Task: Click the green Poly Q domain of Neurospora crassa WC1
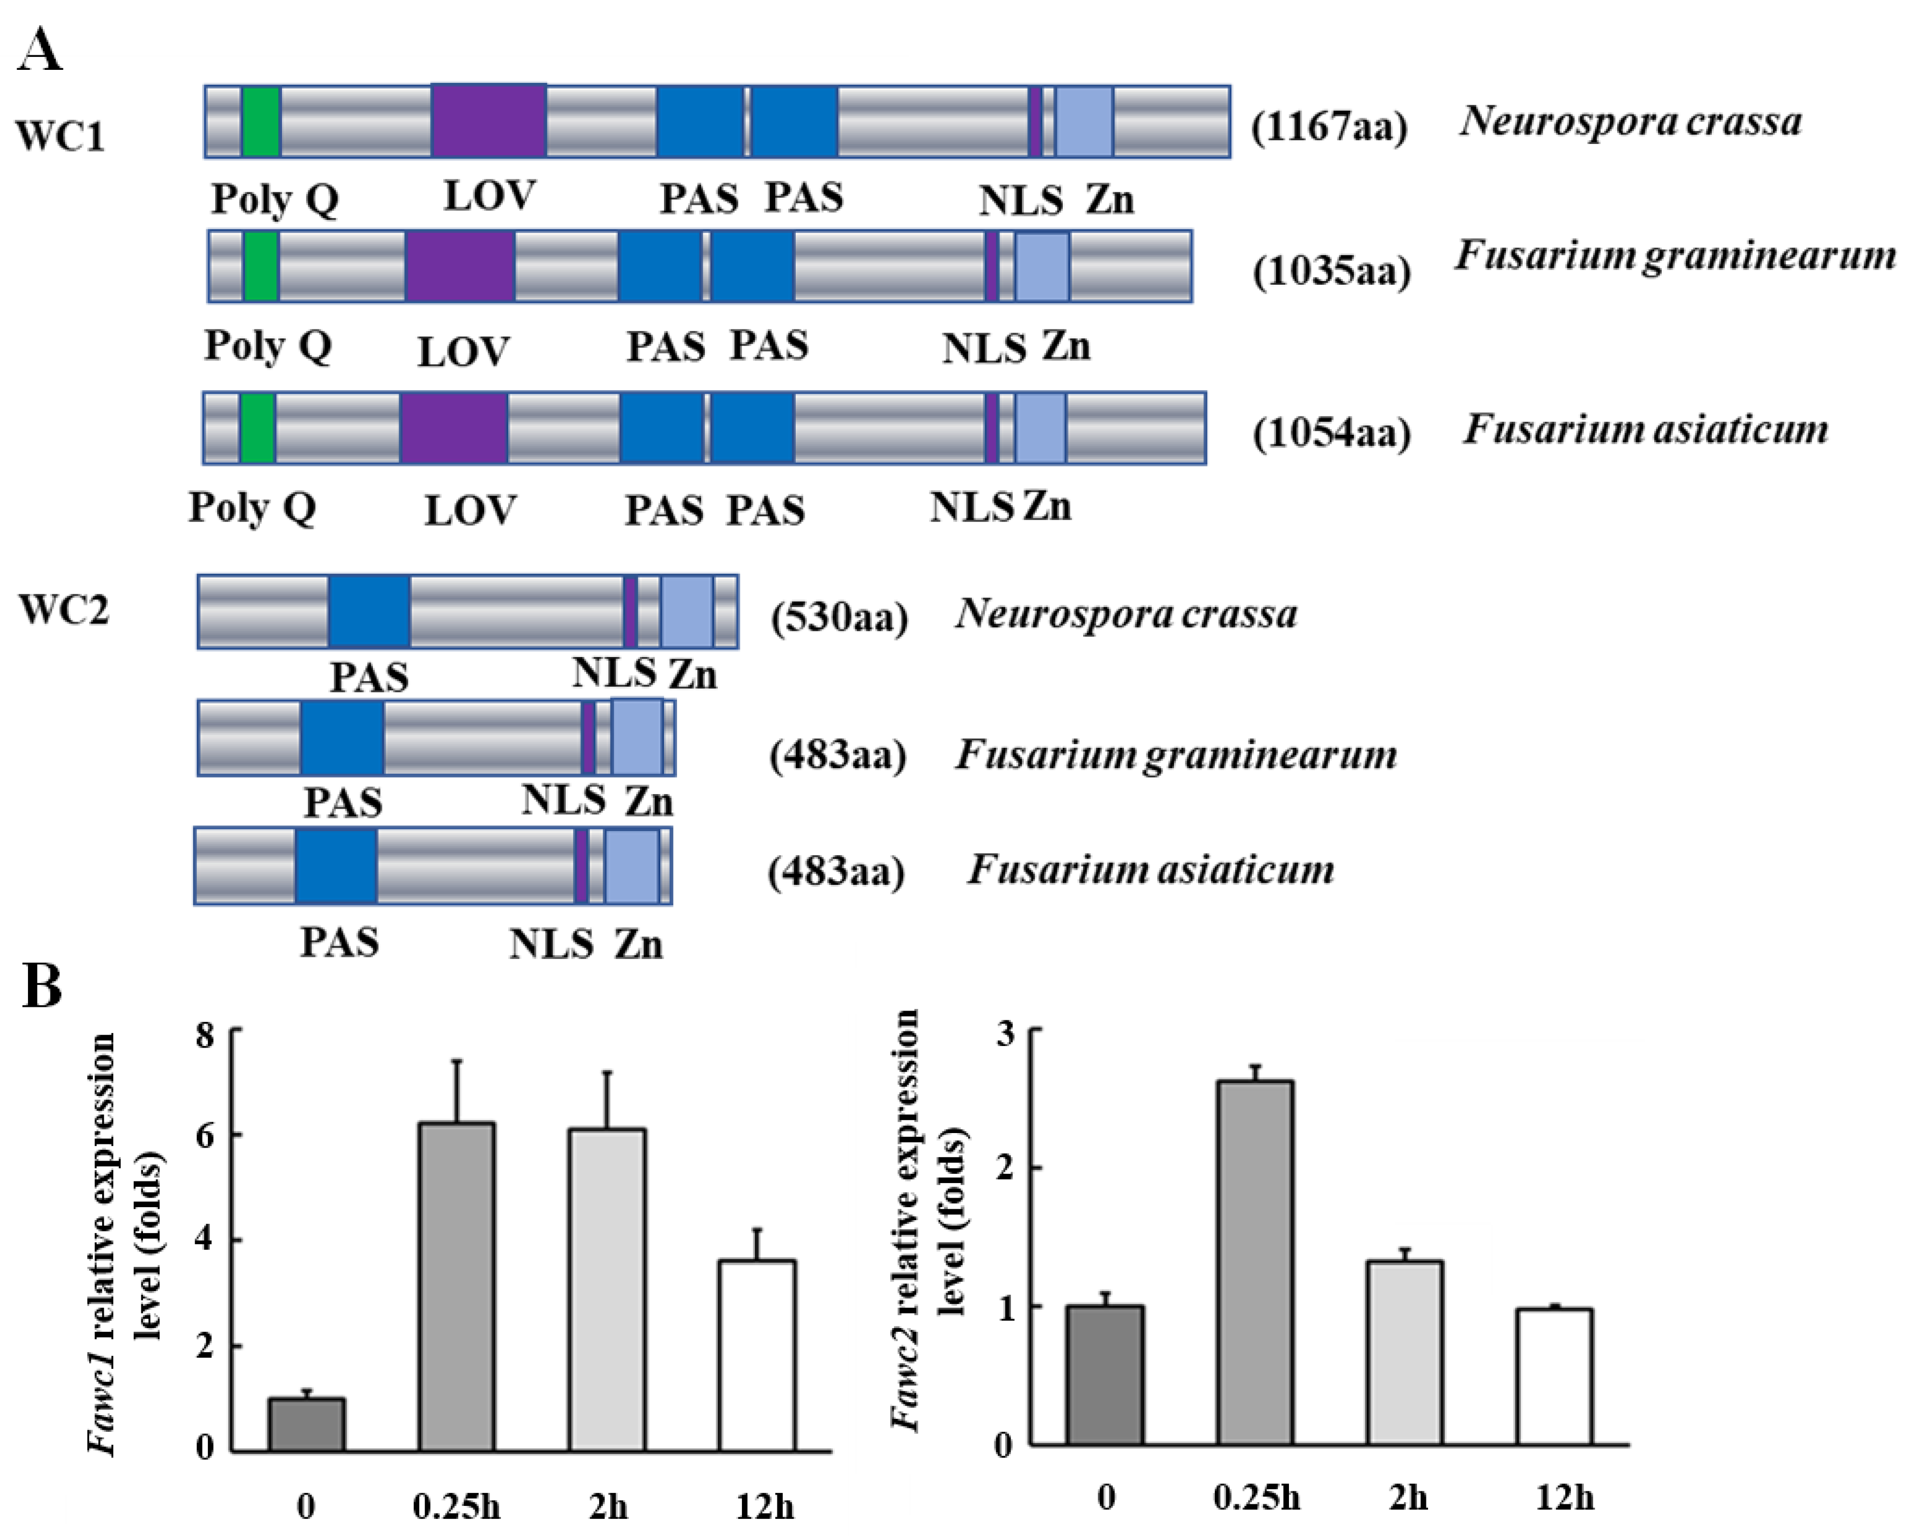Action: pos(261,122)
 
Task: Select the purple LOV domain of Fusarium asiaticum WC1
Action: pos(453,428)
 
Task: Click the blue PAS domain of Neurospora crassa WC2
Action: pos(369,611)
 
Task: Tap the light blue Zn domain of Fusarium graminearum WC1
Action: pos(1042,266)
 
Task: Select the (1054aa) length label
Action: pos(1331,433)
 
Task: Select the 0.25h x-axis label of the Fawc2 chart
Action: pos(1256,1498)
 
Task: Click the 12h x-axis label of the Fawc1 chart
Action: pos(764,1506)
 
